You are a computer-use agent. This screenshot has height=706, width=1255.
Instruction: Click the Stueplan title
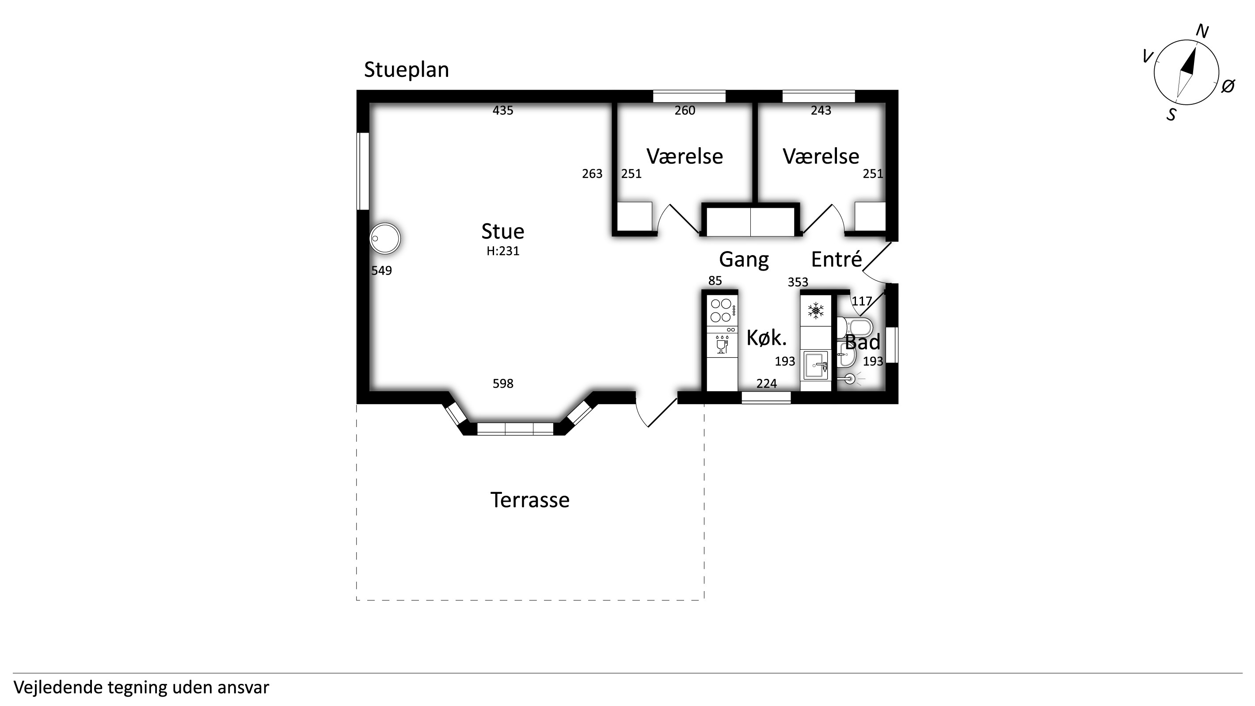coord(406,70)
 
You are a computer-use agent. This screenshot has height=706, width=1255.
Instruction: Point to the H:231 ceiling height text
coord(503,251)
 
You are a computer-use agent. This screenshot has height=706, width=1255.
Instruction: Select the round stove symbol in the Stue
coord(385,239)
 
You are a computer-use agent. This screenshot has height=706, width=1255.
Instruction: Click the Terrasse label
coord(529,500)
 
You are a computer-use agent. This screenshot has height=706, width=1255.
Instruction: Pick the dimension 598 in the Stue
coord(503,384)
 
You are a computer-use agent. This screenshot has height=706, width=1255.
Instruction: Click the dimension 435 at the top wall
coord(503,111)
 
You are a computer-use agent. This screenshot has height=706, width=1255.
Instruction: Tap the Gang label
coord(744,260)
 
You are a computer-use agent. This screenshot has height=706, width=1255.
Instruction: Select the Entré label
coord(837,259)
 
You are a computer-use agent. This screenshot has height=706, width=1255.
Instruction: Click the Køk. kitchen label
coord(766,338)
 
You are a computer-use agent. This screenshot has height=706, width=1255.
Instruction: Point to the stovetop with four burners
coord(722,310)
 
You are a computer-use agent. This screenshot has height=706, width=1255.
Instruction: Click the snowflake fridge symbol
coord(816,310)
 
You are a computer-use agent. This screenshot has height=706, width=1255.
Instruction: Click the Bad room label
coord(862,342)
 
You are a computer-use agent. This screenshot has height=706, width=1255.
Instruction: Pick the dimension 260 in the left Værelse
coord(685,111)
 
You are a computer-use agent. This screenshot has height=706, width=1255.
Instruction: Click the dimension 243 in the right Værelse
coord(821,111)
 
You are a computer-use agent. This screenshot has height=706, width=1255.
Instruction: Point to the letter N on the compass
coord(1202,32)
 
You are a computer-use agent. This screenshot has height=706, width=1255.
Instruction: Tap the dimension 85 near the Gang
coord(715,281)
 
